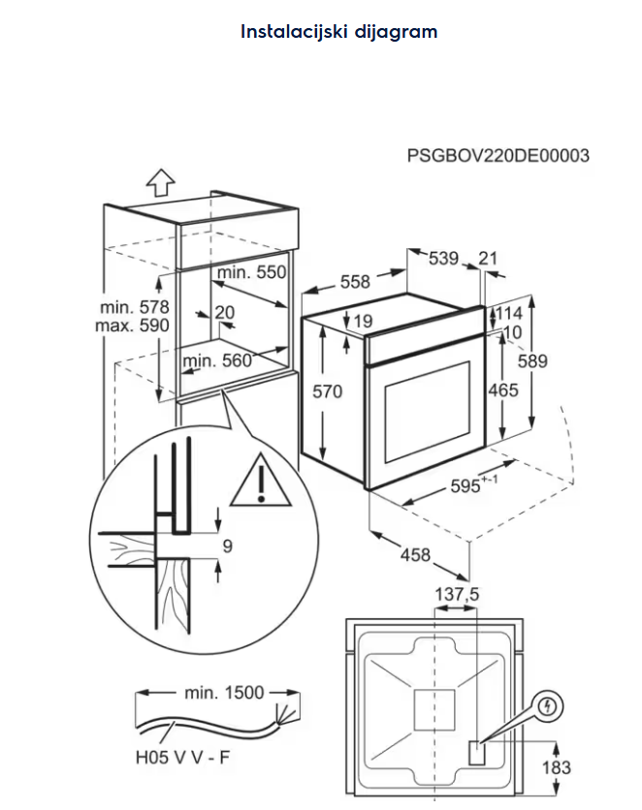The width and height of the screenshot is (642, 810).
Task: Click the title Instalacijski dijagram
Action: click(x=338, y=32)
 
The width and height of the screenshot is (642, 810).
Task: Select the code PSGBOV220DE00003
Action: click(x=498, y=156)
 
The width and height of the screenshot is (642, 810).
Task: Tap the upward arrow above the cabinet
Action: click(x=159, y=180)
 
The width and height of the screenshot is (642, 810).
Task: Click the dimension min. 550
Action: click(x=252, y=273)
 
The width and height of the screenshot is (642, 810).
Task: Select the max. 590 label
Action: click(x=132, y=326)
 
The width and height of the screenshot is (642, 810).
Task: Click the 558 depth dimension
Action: click(x=355, y=281)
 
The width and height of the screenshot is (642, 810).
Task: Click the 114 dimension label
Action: click(x=510, y=313)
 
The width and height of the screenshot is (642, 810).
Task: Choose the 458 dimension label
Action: click(x=415, y=555)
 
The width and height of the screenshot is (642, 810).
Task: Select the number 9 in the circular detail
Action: click(x=227, y=546)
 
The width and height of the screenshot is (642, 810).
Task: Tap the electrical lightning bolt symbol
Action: click(x=549, y=705)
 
